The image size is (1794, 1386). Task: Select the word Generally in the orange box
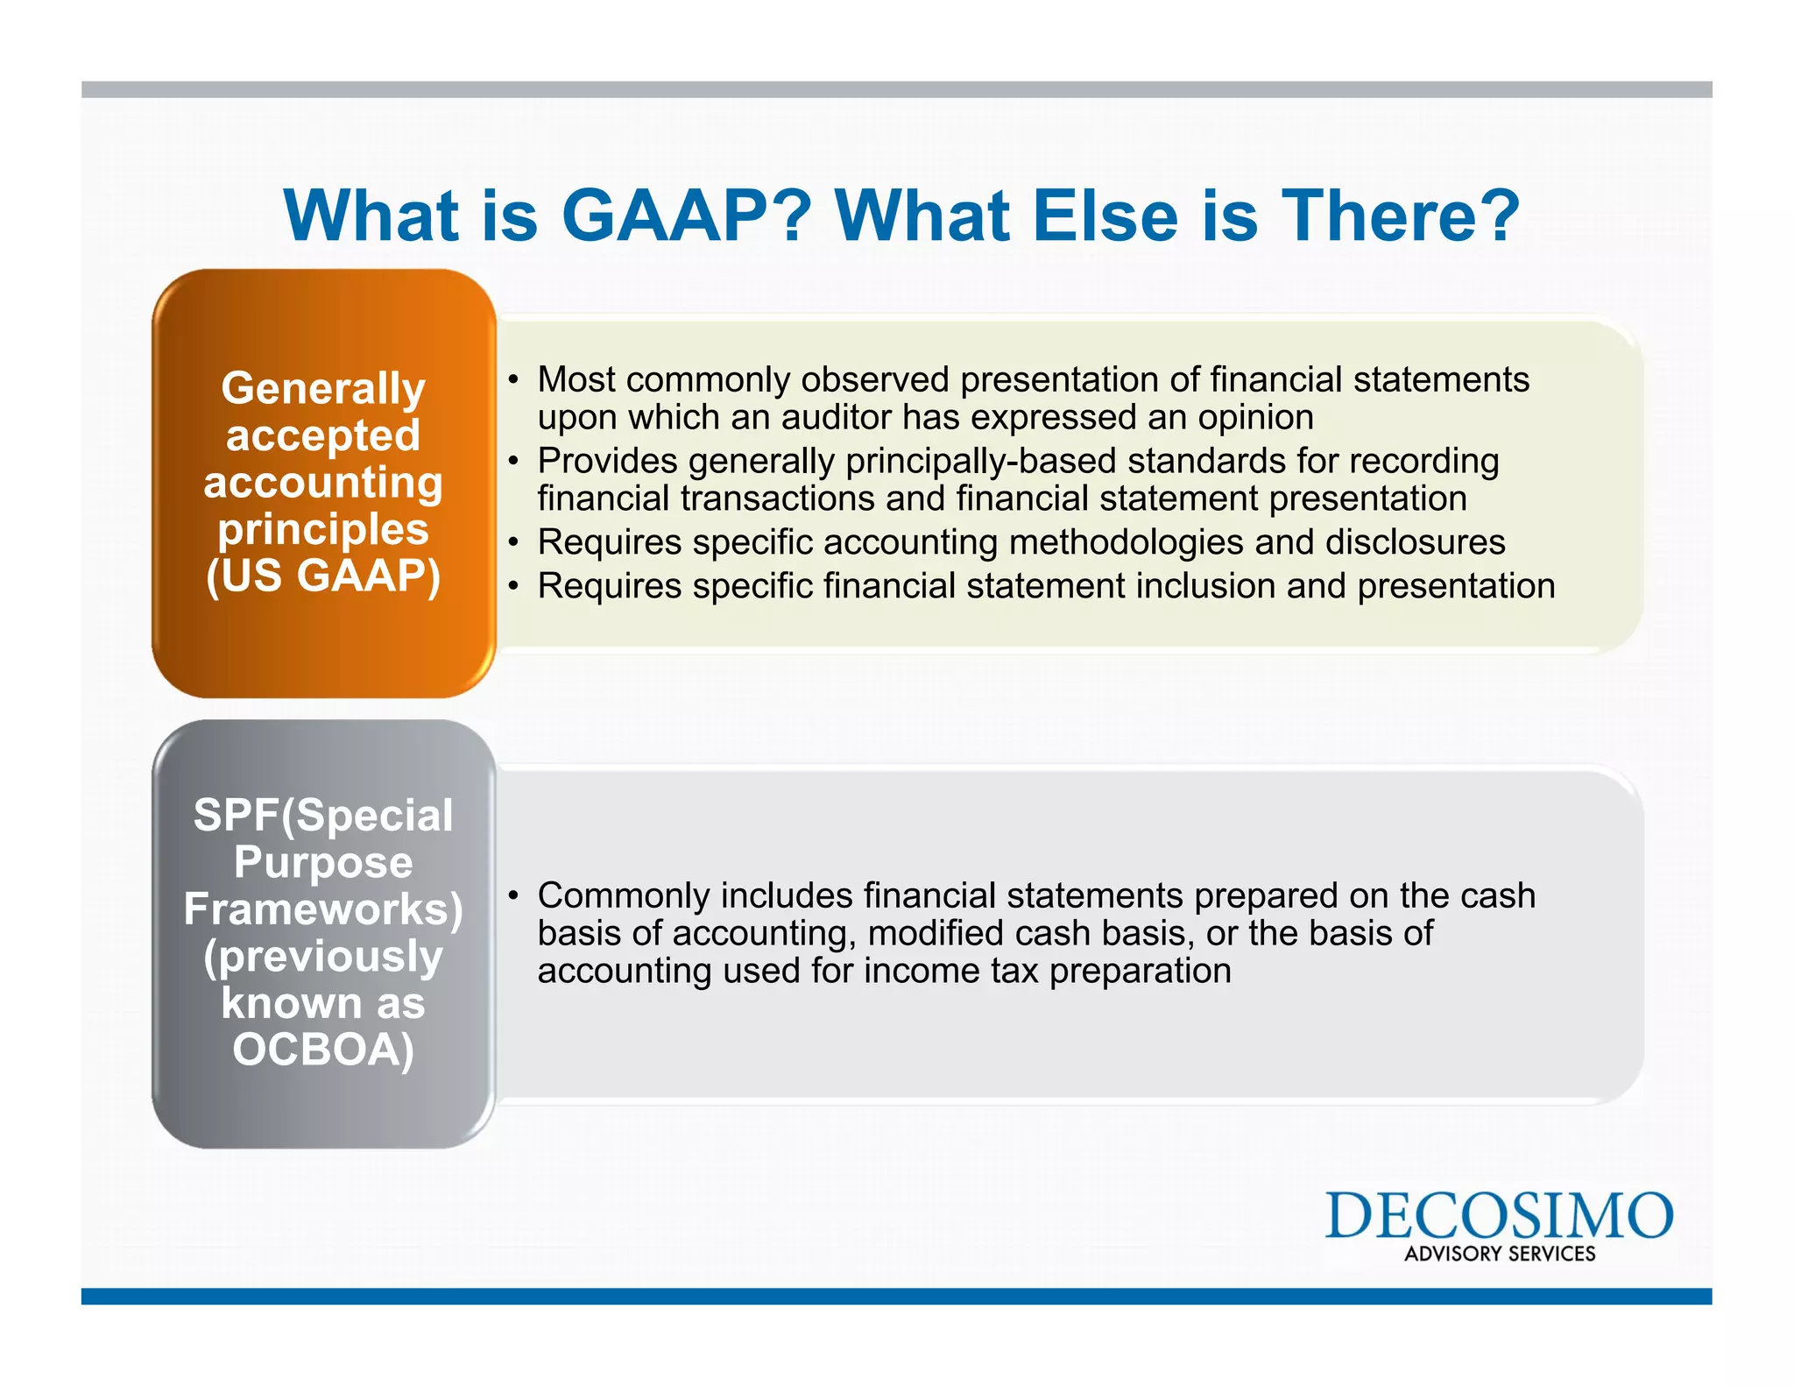pyautogui.click(x=323, y=388)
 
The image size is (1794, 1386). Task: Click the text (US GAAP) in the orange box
pyautogui.click(x=323, y=576)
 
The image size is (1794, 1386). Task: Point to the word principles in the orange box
pyautogui.click(x=323, y=529)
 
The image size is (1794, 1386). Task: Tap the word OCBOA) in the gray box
pyautogui.click(x=323, y=1050)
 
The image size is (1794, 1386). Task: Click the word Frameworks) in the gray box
pyautogui.click(x=323, y=909)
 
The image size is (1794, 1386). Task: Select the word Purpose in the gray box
pyautogui.click(x=323, y=862)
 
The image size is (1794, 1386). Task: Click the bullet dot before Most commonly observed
pyautogui.click(x=514, y=380)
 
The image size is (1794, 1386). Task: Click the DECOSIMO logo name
pyautogui.click(x=1498, y=1215)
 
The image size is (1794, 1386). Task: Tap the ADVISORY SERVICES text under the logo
pyautogui.click(x=1500, y=1254)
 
